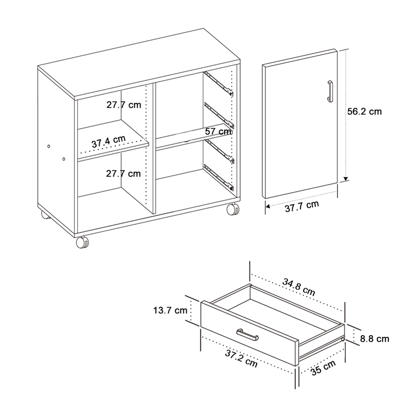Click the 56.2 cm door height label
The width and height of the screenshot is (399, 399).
pos(364,112)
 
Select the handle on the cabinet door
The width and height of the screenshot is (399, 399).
pos(329,91)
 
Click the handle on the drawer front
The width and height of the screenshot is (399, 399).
pos(247,334)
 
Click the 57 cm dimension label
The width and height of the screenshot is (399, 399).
pos(219,131)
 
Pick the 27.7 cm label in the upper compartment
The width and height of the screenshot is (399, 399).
pos(123,105)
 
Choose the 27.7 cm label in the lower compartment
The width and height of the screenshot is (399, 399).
pos(123,173)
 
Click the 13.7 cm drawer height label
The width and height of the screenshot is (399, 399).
pos(170,311)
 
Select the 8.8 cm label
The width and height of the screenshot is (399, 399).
pos(374,339)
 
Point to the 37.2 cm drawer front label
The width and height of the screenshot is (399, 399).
pos(241,359)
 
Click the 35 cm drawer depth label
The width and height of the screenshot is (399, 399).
pos(323,368)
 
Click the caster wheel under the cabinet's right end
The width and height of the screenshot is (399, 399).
pos(232,209)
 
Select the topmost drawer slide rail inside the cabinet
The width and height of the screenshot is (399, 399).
pos(218,84)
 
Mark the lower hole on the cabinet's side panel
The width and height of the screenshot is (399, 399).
pos(64,159)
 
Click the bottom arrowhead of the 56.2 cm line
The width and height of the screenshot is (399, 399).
pos(346,179)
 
